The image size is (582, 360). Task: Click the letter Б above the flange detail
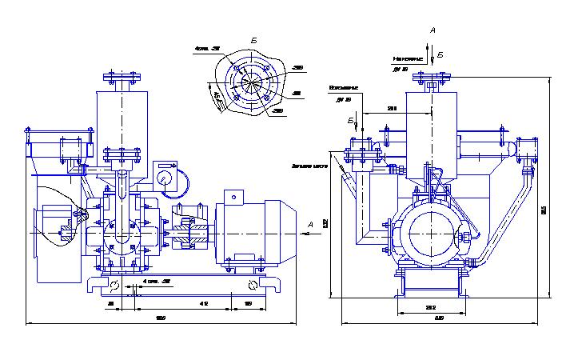[253, 39]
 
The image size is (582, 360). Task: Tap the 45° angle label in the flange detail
[216, 98]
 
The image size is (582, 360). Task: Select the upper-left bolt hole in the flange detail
[234, 67]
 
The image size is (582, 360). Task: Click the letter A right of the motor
[309, 226]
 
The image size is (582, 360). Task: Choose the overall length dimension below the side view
[160, 319]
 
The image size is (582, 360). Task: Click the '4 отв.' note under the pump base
[157, 282]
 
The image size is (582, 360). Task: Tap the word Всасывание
[344, 86]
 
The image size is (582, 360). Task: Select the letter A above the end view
[433, 30]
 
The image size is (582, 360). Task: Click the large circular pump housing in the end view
[432, 231]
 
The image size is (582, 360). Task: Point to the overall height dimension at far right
[544, 210]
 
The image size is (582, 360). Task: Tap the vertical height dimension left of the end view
[325, 224]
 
